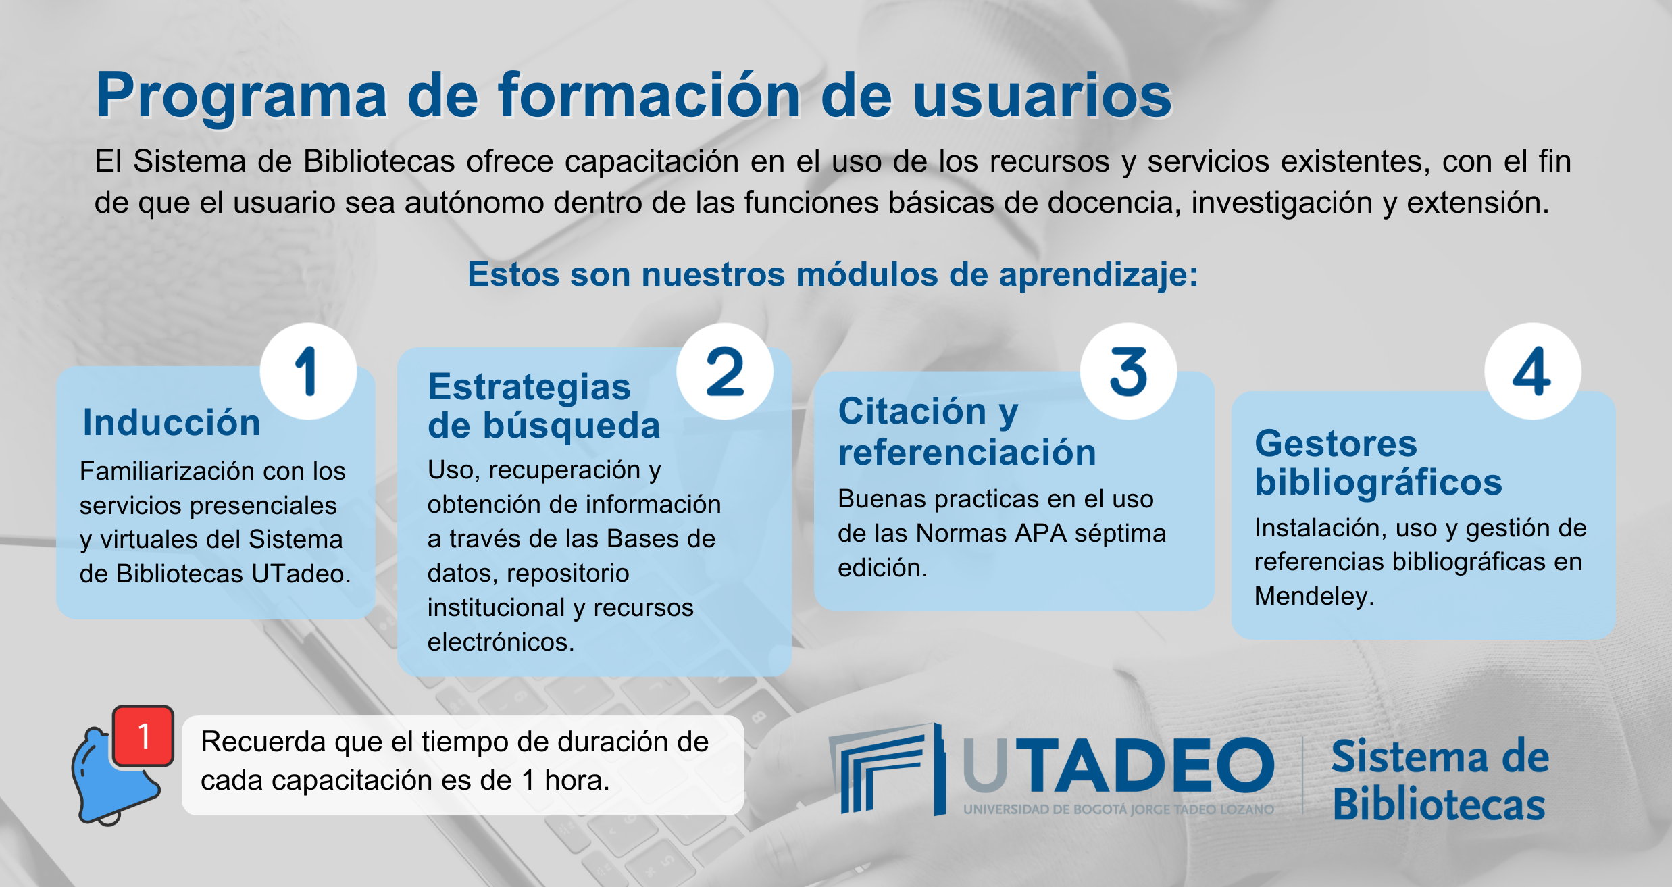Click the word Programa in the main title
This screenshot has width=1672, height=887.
click(242, 97)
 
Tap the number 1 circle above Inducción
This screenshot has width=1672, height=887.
click(309, 371)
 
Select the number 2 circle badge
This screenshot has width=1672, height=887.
click(725, 371)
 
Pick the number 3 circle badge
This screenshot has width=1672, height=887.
click(1128, 371)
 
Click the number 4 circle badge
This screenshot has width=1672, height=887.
click(1532, 371)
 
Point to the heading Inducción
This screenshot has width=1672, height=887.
click(172, 423)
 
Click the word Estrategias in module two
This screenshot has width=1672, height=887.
click(530, 387)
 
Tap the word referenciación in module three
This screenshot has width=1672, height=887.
click(967, 452)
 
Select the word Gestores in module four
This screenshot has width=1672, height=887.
click(1336, 444)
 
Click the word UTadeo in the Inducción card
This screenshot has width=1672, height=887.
click(301, 574)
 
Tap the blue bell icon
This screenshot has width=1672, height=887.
click(115, 777)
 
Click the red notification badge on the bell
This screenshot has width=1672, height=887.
click(143, 736)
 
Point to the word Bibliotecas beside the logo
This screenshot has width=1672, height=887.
click(1439, 805)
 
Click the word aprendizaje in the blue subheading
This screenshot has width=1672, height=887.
click(1098, 276)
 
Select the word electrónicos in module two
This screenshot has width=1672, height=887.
click(501, 642)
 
